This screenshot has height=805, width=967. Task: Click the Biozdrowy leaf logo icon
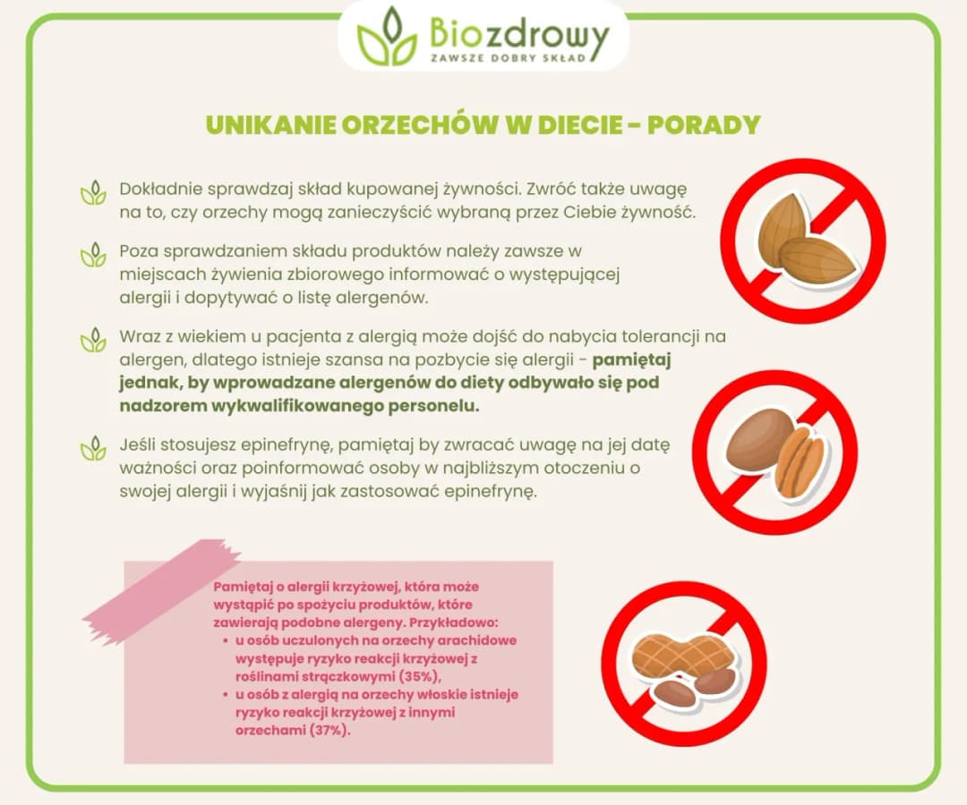(x=386, y=38)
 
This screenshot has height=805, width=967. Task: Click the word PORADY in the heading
(x=704, y=124)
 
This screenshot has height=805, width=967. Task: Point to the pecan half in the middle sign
(x=800, y=461)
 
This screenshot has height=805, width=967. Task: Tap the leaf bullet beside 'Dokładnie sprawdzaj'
(x=93, y=193)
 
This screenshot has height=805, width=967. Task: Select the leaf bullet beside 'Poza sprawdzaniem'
(x=93, y=254)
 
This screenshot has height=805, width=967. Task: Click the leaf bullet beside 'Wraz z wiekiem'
(x=93, y=341)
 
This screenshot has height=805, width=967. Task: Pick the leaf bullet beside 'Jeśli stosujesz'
(x=93, y=446)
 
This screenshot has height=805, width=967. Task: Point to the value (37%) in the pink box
(x=329, y=729)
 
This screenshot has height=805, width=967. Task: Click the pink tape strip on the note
(x=162, y=589)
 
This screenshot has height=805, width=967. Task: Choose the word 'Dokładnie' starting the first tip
(x=159, y=190)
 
